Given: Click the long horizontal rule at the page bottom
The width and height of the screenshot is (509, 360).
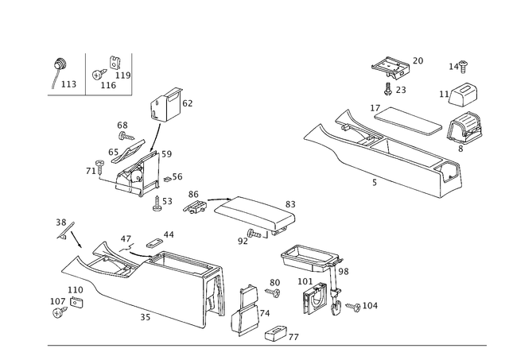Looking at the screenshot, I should point(266,343).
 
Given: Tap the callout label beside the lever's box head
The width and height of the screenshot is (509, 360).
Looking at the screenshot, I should point(188,102).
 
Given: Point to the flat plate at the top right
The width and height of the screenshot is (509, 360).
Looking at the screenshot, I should point(390,64).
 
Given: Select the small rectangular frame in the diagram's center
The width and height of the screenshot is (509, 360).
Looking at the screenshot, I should point(251,211).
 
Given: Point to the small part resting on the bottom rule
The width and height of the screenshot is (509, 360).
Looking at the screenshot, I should point(280,334).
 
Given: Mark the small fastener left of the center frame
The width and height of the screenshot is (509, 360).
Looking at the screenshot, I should point(193,206).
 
